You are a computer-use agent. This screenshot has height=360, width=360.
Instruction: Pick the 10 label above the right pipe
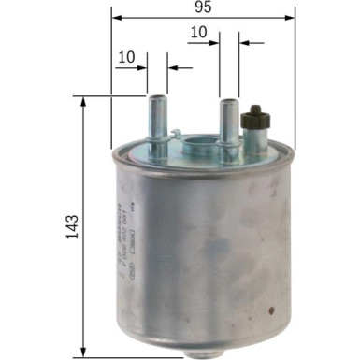[x=197, y=33]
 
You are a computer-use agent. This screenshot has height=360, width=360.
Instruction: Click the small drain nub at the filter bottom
[x=201, y=350]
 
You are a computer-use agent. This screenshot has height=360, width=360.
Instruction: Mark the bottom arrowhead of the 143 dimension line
[x=83, y=353]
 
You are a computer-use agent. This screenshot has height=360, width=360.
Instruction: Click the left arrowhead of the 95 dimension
[x=115, y=16]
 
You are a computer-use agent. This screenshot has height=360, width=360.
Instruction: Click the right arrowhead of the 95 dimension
[x=290, y=16]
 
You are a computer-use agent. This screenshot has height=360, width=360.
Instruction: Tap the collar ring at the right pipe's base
[x=227, y=140]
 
